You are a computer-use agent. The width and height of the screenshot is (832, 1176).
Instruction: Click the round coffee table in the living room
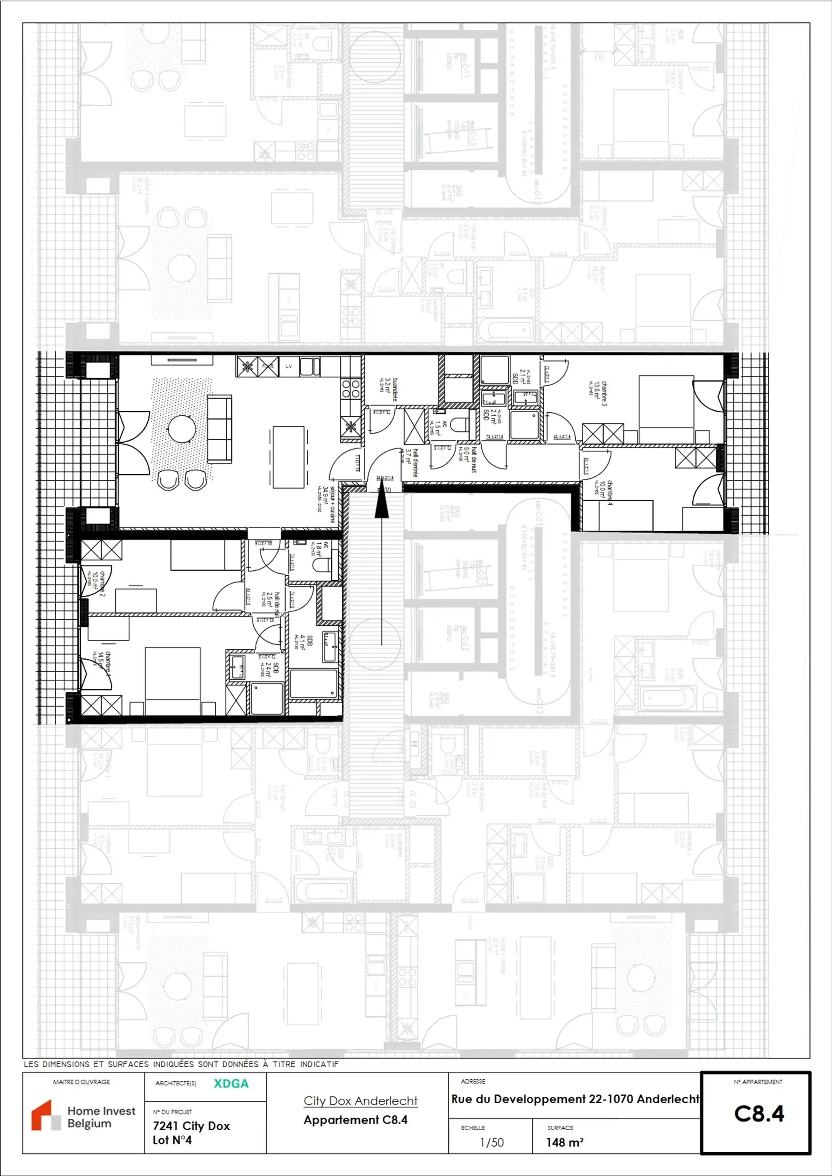182,427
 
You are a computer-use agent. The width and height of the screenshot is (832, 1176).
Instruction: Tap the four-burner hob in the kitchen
351,389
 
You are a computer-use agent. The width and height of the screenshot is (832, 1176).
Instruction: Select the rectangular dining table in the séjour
288,457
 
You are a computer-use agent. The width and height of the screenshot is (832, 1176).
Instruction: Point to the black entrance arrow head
381,505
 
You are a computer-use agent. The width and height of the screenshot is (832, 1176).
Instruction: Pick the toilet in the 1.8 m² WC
322,565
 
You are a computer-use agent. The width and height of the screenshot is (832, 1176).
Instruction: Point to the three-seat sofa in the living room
219,427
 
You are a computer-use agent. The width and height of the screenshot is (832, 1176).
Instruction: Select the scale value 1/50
492,1142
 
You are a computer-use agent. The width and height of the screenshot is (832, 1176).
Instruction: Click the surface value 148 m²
565,1142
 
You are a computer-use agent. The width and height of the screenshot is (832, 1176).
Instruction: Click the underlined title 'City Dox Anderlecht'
360,1100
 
